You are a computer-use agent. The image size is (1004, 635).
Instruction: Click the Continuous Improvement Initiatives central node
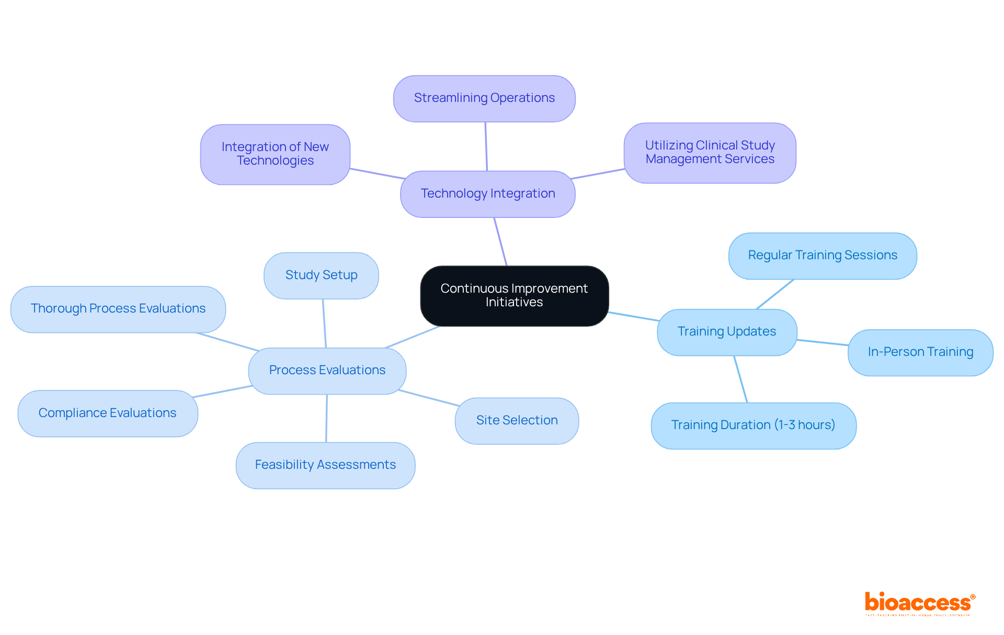[514, 296]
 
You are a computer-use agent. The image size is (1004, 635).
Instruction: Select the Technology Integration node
[487, 194]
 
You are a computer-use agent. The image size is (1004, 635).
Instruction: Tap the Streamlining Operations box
[484, 98]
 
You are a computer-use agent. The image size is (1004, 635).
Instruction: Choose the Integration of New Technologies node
[275, 154]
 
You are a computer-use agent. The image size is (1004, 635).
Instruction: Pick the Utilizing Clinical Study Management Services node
[710, 153]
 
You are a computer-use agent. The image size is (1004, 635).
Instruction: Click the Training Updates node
[726, 332]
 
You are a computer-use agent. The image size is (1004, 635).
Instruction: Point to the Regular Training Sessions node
[822, 256]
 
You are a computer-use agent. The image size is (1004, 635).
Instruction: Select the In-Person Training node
[920, 352]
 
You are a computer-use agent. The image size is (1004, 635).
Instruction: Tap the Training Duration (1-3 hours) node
[753, 425]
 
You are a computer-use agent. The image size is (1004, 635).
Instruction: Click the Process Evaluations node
[327, 371]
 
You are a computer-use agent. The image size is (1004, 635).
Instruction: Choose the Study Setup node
[321, 275]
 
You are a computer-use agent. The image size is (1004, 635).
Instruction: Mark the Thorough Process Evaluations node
[118, 309]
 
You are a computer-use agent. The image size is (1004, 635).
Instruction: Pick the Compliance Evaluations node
[107, 413]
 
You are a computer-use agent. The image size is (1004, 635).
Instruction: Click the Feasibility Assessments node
[325, 465]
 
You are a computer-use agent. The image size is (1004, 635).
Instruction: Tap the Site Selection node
[517, 421]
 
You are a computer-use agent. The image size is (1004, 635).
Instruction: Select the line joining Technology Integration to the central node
[500, 241]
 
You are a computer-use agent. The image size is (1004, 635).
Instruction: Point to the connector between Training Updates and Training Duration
[740, 379]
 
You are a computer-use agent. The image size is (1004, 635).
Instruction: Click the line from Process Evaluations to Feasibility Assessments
[327, 418]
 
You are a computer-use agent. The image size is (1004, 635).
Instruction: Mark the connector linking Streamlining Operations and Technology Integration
[486, 146]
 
